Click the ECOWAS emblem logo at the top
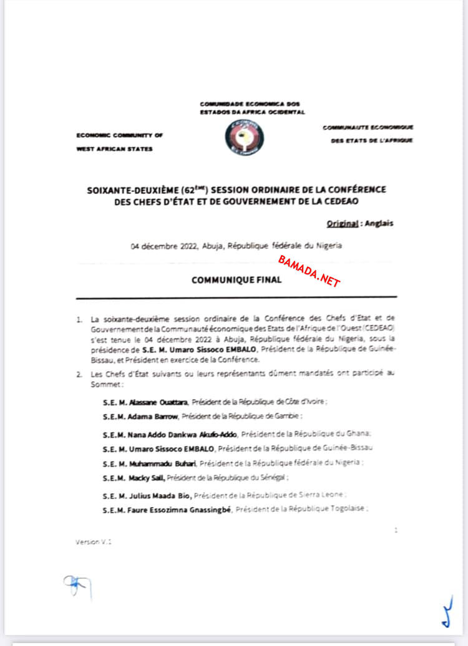click(x=244, y=137)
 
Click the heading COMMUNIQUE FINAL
click(x=236, y=280)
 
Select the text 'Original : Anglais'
click(x=360, y=223)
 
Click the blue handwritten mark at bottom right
click(x=447, y=612)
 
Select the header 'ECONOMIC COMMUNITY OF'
click(x=119, y=135)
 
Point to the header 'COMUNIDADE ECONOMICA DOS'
click(x=250, y=104)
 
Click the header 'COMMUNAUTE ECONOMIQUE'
click(x=368, y=127)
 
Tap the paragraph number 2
click(x=79, y=374)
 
